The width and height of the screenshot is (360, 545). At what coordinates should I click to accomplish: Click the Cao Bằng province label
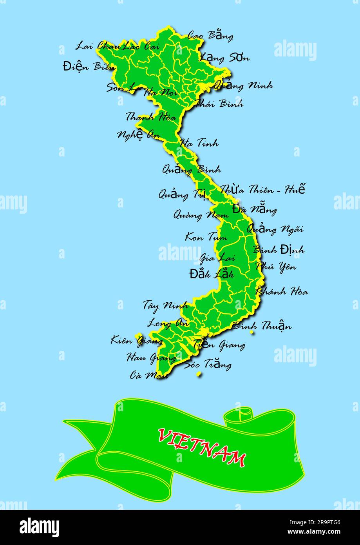(210, 36)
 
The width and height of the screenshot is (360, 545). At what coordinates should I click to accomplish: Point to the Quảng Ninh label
(243, 85)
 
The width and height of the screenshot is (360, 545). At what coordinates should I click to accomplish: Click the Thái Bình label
(219, 104)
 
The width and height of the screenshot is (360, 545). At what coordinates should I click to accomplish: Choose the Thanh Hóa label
(151, 116)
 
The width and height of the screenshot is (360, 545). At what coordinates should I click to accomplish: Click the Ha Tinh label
(199, 143)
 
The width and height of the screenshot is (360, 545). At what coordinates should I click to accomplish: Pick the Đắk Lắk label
(211, 274)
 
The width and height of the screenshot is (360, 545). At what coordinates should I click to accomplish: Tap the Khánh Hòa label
(282, 291)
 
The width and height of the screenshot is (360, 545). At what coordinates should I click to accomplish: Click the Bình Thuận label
(262, 325)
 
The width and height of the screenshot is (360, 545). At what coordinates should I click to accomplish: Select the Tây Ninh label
(165, 305)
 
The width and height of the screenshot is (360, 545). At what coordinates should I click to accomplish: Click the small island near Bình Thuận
(251, 332)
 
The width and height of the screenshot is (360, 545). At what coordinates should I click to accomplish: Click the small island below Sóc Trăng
(199, 374)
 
